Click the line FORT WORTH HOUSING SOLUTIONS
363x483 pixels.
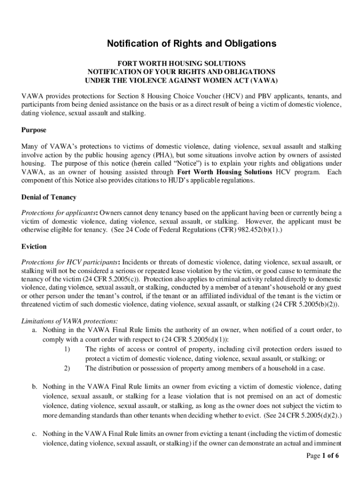[181, 63]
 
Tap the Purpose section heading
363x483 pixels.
[34, 130]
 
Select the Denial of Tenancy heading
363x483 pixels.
[49, 197]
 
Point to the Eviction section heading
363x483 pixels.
[34, 247]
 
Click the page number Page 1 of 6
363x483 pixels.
[322, 456]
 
